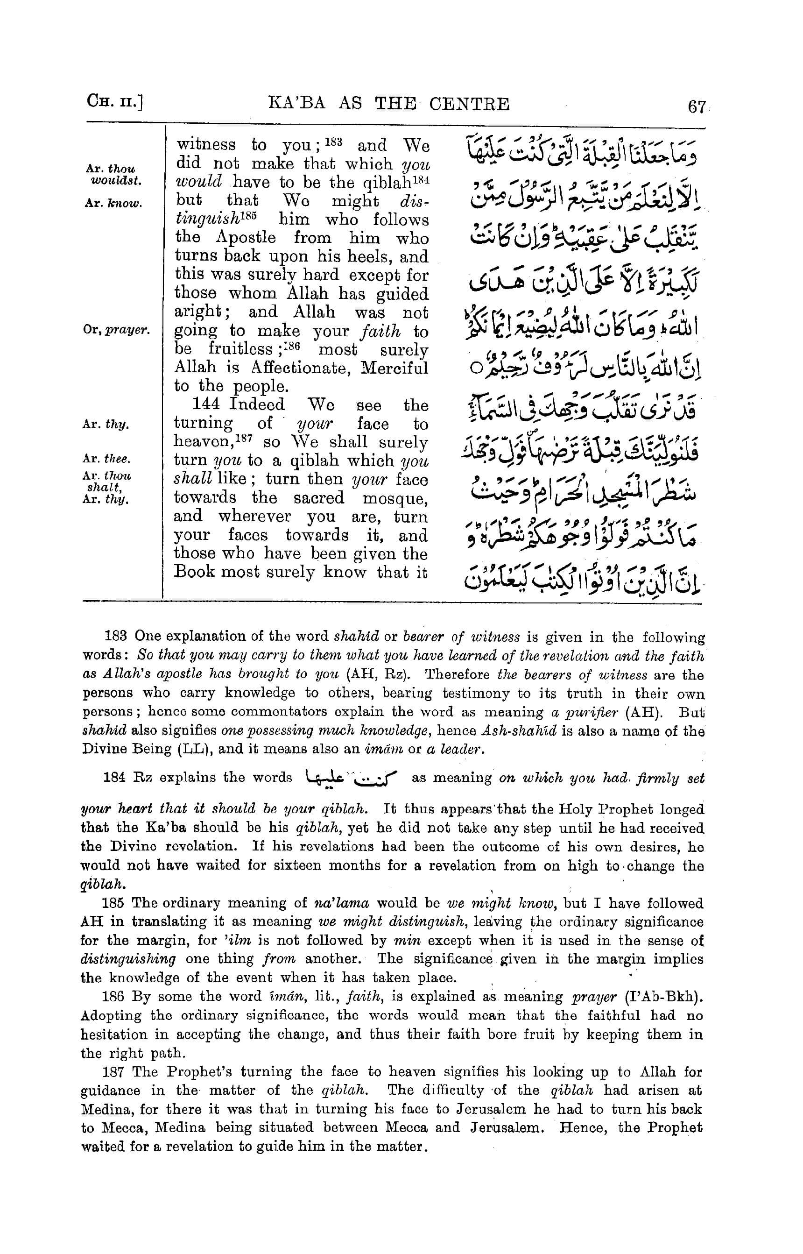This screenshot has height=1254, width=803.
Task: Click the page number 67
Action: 697,107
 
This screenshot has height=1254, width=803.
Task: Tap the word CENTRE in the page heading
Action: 469,104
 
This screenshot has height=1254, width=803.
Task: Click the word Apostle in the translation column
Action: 246,237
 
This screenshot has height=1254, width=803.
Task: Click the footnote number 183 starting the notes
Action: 116,637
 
